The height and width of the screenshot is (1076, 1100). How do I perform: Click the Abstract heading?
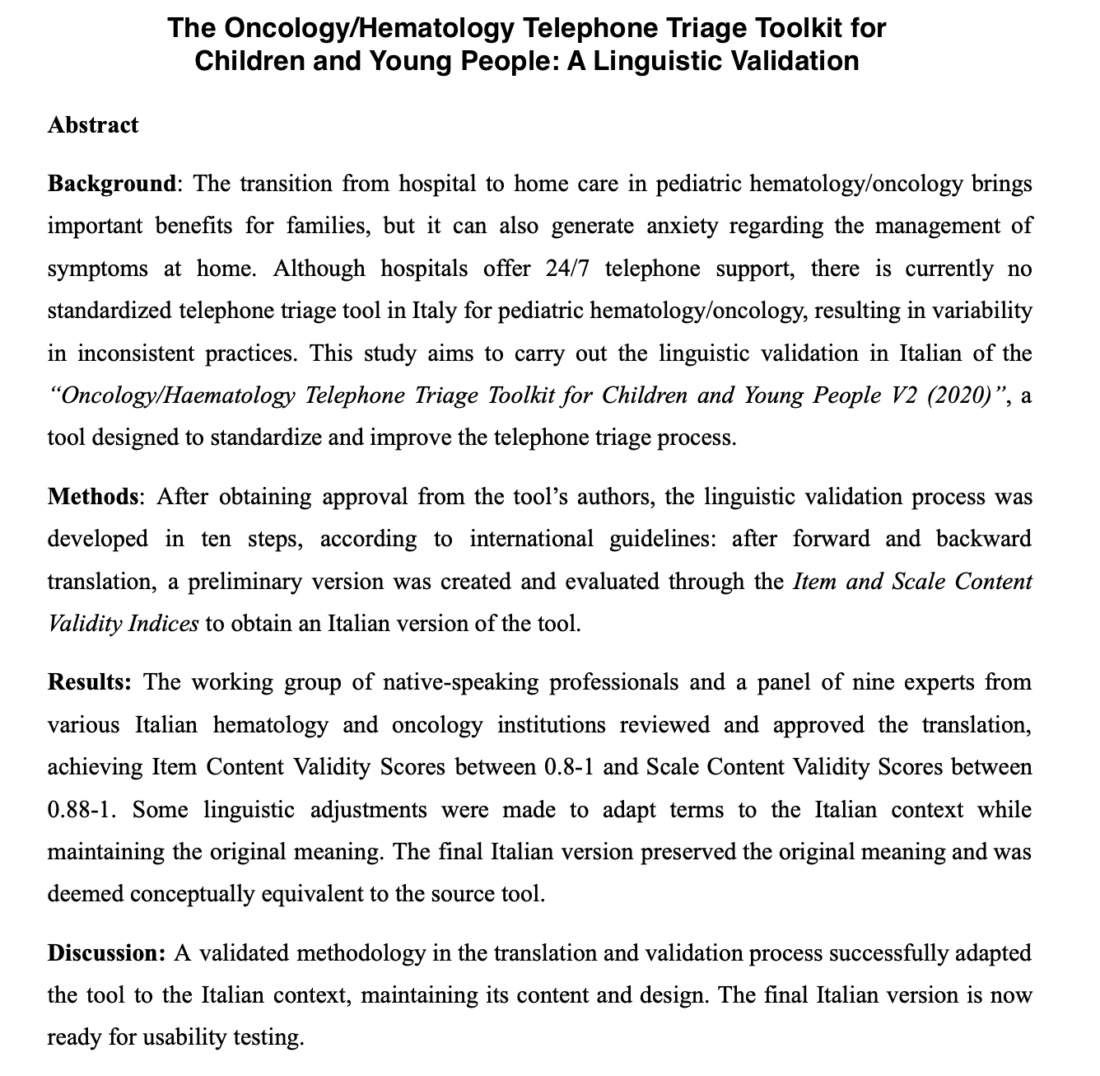93,125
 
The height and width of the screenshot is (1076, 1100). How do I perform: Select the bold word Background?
111,183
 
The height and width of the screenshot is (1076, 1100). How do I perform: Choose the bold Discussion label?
107,953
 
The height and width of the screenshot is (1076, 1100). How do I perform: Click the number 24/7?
569,269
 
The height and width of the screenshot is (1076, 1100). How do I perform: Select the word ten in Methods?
216,540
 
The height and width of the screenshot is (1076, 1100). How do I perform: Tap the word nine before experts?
895,682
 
